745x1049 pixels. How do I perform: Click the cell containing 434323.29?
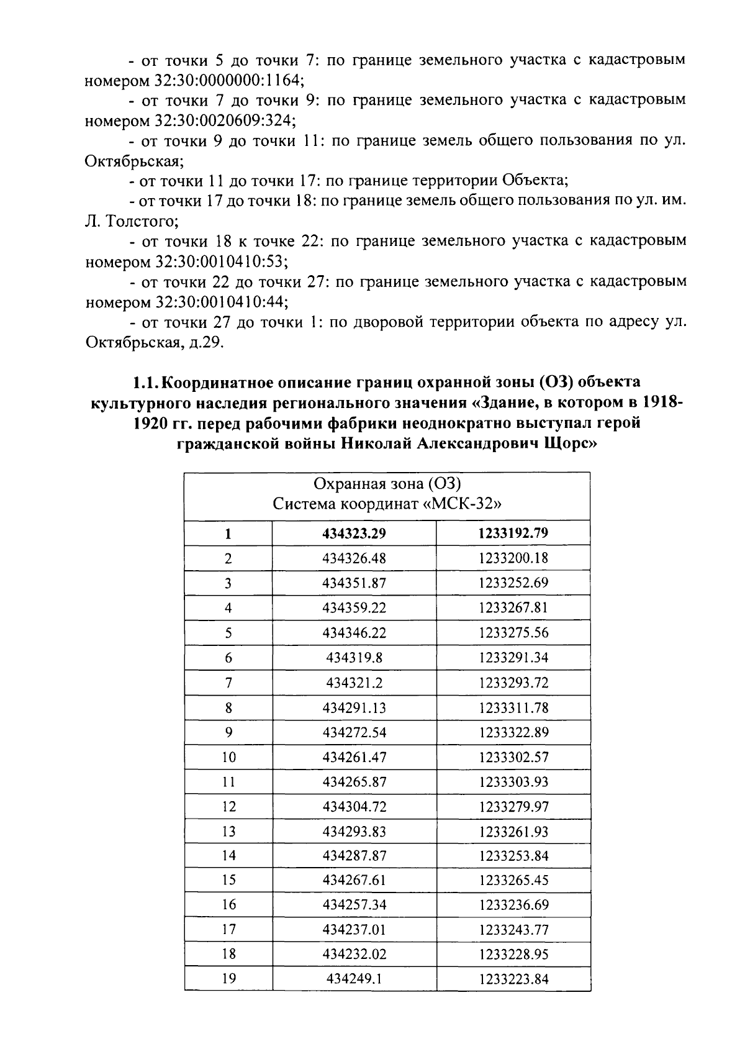point(354,533)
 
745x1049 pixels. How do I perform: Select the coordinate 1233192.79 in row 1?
point(513,533)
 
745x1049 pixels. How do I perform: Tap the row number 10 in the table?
point(228,757)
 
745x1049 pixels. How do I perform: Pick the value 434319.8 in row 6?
point(354,658)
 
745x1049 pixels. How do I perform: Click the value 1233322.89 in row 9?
point(513,732)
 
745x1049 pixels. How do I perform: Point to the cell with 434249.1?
point(354,979)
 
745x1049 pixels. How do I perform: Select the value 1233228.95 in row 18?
point(513,954)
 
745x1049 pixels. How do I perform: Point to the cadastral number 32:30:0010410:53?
point(217,261)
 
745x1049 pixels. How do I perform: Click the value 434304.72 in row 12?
point(354,806)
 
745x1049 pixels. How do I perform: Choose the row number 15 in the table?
point(228,880)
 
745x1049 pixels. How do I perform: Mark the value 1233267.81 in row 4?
point(513,607)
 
